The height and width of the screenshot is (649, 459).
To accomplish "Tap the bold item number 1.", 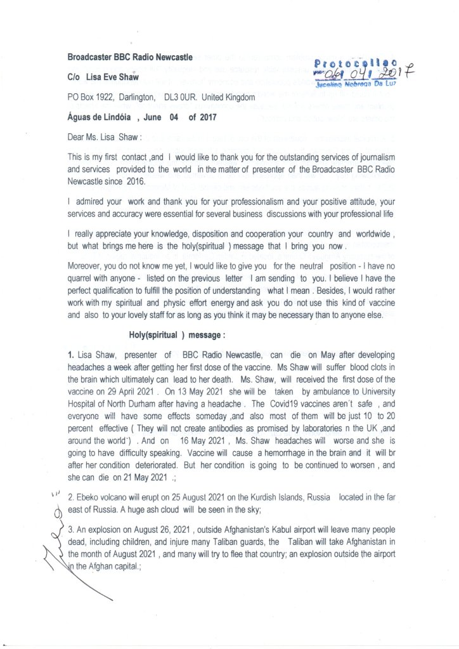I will tap(71, 354).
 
